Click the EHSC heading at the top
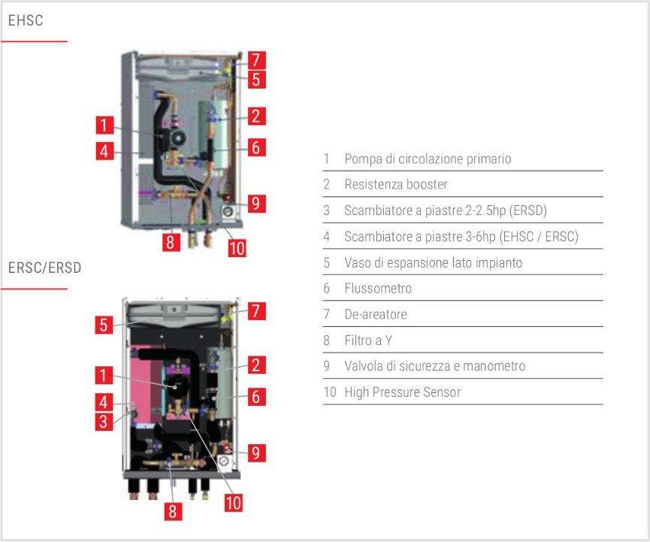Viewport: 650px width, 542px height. click(x=26, y=21)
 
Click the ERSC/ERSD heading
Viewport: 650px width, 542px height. click(x=44, y=268)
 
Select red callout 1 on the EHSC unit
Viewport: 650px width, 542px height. click(x=105, y=125)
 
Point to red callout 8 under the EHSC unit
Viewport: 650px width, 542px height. click(x=171, y=243)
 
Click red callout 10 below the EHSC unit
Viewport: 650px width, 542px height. click(x=237, y=247)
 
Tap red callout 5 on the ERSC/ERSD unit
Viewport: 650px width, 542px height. click(x=105, y=326)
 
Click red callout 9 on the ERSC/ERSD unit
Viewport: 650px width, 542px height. click(x=255, y=453)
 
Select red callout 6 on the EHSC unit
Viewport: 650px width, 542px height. click(x=255, y=147)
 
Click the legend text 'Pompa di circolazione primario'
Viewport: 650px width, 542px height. click(x=428, y=159)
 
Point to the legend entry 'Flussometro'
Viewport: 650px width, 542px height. click(x=378, y=288)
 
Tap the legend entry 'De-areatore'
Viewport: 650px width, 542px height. click(x=376, y=314)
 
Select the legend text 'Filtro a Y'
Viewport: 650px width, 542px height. click(x=369, y=341)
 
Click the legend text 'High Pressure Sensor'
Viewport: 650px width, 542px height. click(x=403, y=392)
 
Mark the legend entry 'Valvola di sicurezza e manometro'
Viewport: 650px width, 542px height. click(x=434, y=366)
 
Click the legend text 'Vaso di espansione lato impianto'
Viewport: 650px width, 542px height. click(x=433, y=263)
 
